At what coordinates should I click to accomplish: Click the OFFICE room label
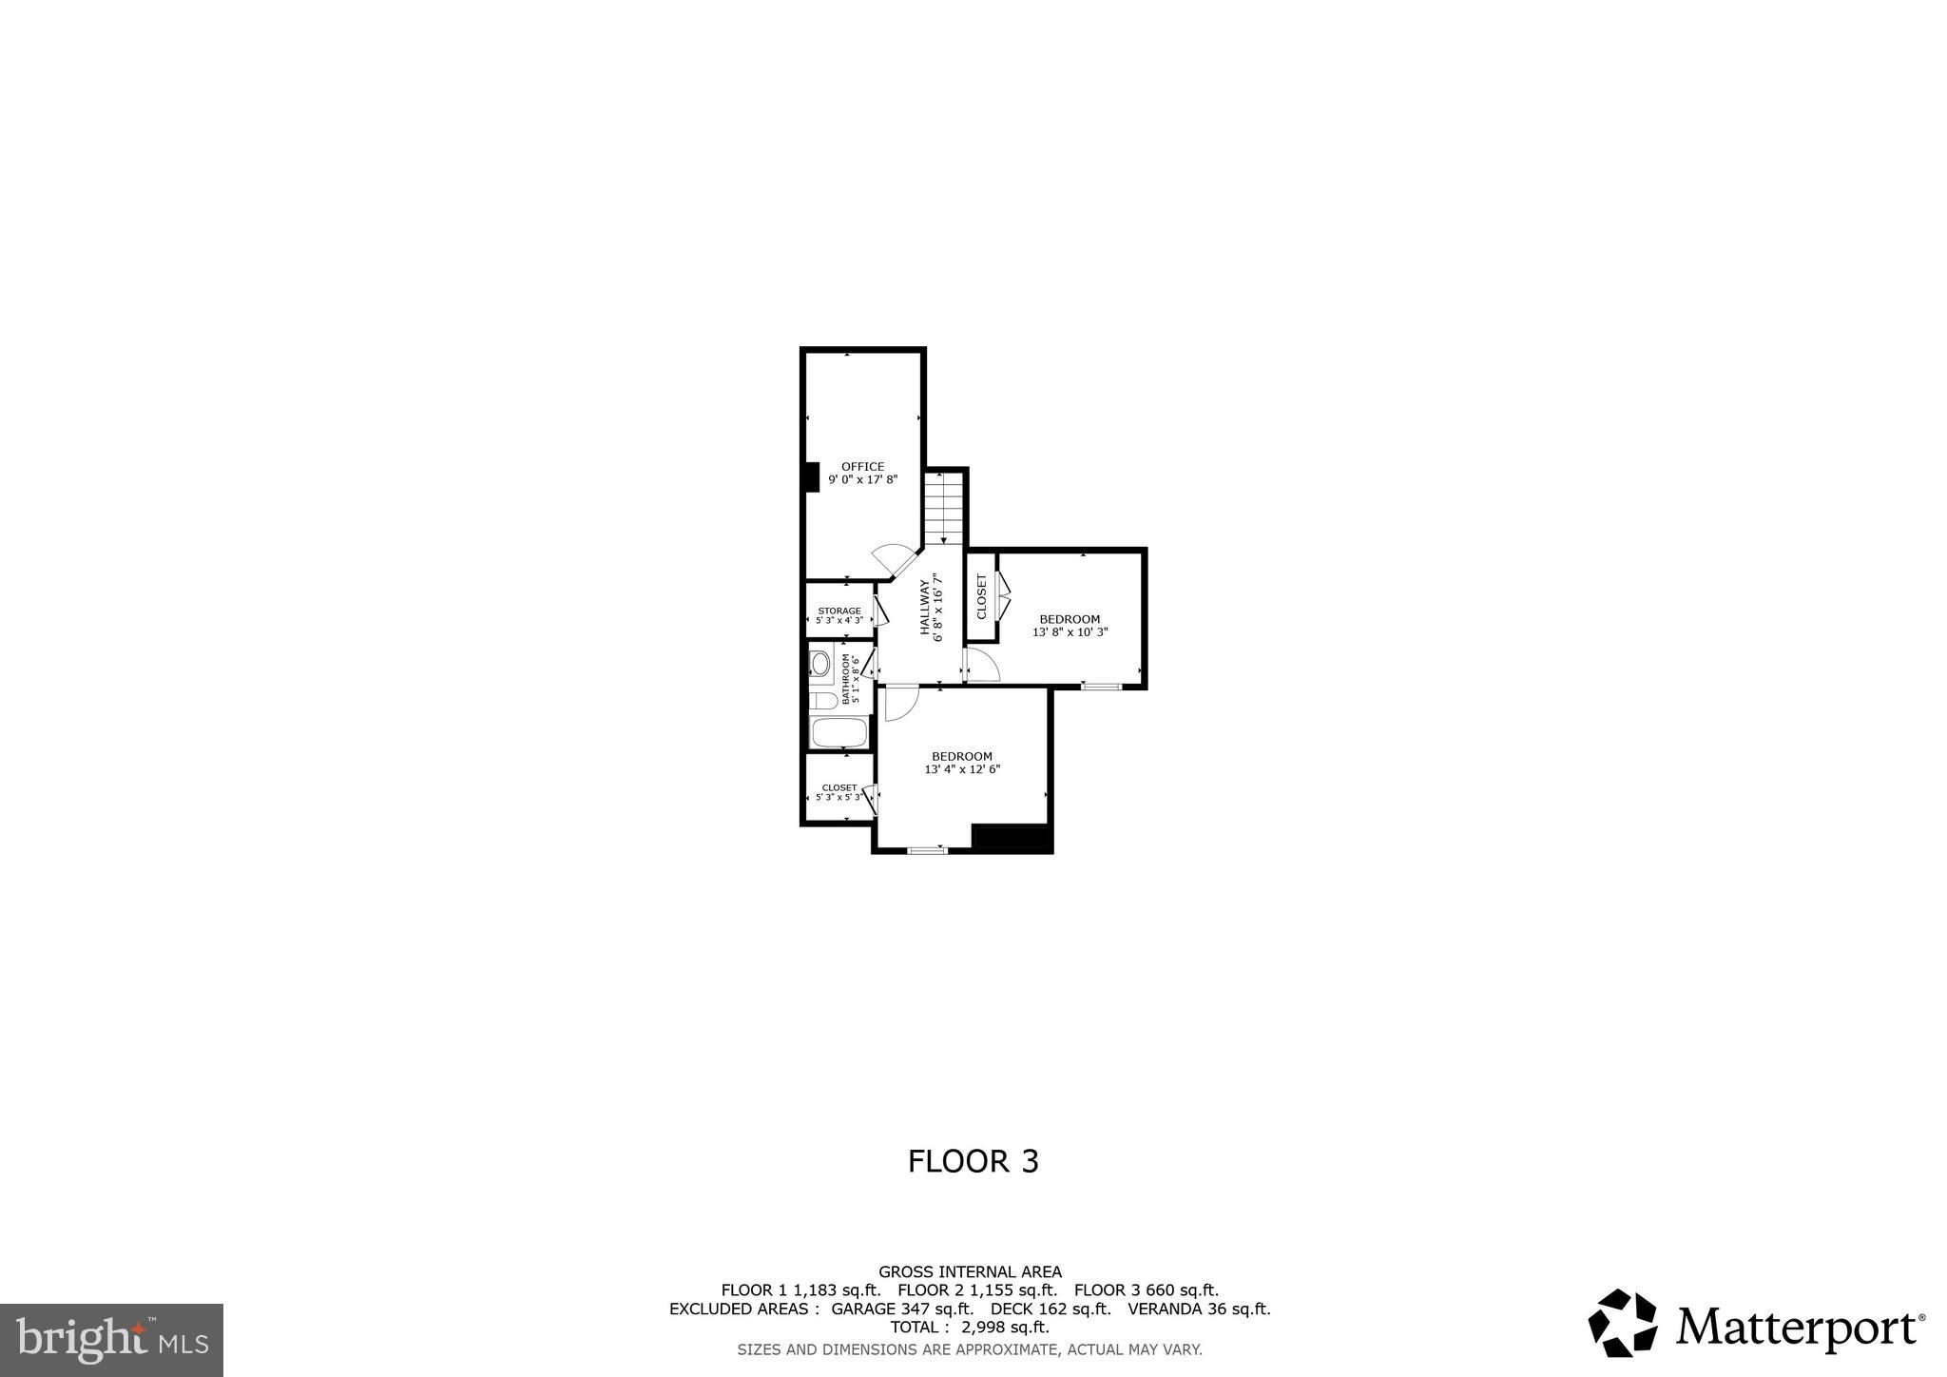click(x=862, y=467)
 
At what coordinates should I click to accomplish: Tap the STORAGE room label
click(x=839, y=611)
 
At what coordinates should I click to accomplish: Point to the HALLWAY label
click(x=924, y=608)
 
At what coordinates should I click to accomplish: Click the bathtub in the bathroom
click(x=839, y=733)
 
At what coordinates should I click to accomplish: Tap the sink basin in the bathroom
click(x=820, y=663)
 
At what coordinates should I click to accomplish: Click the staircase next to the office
click(x=944, y=507)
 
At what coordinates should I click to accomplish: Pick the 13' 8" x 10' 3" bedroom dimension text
click(x=1070, y=631)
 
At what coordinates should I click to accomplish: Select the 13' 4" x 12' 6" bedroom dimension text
click(x=962, y=769)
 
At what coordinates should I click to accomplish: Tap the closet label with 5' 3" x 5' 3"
click(x=839, y=792)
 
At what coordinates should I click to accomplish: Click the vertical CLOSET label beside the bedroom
click(x=982, y=596)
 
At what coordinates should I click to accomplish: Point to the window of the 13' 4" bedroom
click(x=927, y=849)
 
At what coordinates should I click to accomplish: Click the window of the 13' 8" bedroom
click(x=1101, y=686)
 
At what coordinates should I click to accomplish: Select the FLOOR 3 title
click(x=973, y=1161)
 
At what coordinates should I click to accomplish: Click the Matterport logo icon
click(x=1622, y=1323)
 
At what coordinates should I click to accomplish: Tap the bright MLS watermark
click(x=112, y=1341)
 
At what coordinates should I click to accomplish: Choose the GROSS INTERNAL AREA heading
click(x=970, y=1271)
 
